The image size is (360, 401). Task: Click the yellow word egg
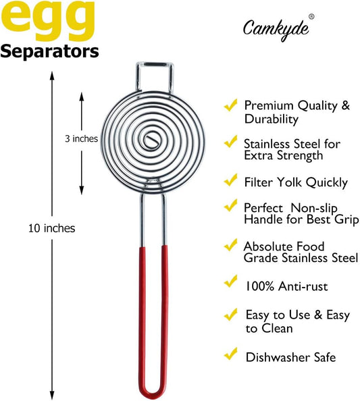point(48,20)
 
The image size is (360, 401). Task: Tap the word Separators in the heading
point(49,52)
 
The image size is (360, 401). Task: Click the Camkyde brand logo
point(276,30)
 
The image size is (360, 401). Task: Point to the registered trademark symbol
point(311,17)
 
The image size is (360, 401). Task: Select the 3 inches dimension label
point(81,138)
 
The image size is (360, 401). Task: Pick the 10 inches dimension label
point(52,228)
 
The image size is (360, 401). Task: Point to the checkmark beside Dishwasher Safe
point(230,354)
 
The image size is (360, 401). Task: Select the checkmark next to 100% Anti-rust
point(230,282)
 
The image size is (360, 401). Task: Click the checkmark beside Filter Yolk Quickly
point(230,180)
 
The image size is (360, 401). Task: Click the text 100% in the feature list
point(260,286)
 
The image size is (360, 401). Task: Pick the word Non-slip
point(314,208)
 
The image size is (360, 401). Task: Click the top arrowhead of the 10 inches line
point(52,76)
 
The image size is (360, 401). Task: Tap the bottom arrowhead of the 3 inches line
point(81,190)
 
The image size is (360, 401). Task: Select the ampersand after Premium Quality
point(346,105)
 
